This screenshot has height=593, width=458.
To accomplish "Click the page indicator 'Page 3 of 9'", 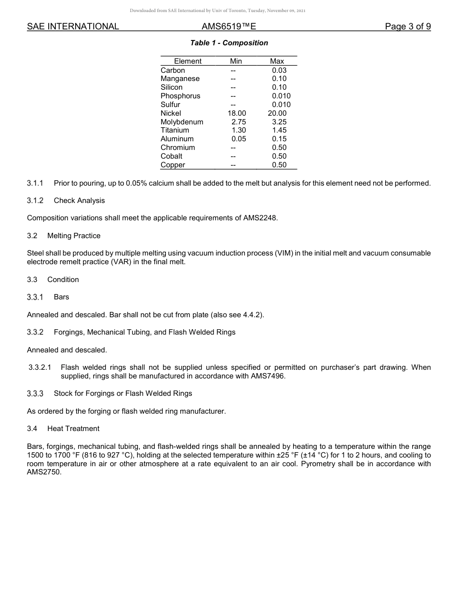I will (x=407, y=27).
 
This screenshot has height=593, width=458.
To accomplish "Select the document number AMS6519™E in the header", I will (x=229, y=27).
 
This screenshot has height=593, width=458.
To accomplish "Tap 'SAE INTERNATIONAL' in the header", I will (x=73, y=27).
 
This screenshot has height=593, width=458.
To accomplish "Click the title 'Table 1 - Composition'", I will (x=229, y=43).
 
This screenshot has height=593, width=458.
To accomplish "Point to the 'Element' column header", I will (x=188, y=61).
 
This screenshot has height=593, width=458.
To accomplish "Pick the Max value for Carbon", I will (x=279, y=70).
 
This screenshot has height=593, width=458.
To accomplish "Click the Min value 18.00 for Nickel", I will (x=237, y=113).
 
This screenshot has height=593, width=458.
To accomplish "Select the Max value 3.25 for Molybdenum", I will (x=279, y=122).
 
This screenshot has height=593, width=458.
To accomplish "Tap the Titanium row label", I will (x=175, y=130).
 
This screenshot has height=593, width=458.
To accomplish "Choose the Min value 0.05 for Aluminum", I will (x=239, y=139).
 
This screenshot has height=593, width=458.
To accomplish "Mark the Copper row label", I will (x=173, y=165).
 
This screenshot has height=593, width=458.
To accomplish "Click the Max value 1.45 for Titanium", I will (x=279, y=130).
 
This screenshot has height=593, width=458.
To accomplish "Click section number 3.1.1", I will (x=35, y=183).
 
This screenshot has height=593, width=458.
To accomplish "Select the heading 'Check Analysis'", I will (x=79, y=201).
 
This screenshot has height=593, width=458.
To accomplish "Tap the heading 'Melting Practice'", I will (x=74, y=236).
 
